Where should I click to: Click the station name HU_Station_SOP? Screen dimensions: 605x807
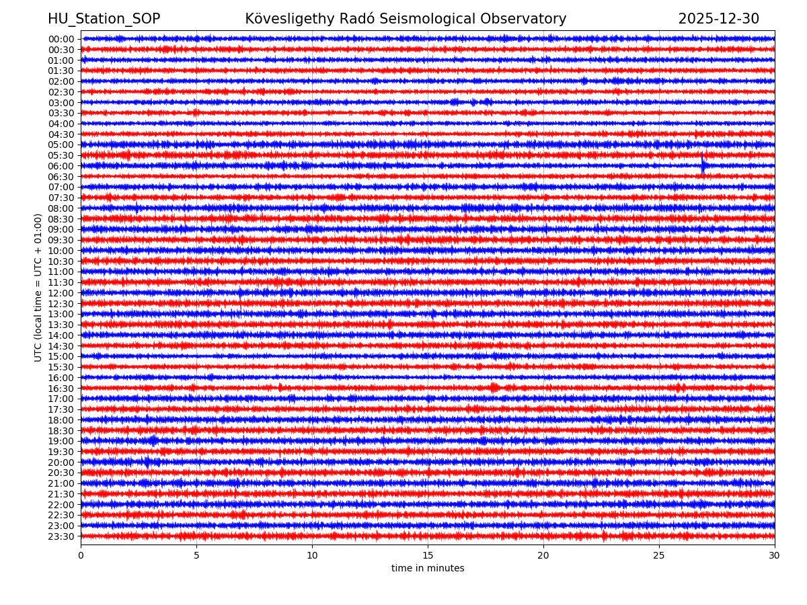click(x=104, y=19)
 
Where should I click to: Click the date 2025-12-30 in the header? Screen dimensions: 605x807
click(x=718, y=19)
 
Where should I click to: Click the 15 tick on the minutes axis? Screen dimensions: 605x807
click(x=428, y=556)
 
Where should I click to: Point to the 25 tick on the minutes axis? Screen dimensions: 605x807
click(x=659, y=556)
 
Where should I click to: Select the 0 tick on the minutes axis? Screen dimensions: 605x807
click(x=81, y=556)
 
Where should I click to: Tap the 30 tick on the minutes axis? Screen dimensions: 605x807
click(x=775, y=556)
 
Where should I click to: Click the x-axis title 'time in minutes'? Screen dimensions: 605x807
click(x=428, y=569)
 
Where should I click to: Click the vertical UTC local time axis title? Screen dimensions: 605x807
click(x=38, y=287)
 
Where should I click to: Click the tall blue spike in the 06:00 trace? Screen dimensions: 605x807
click(x=703, y=163)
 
